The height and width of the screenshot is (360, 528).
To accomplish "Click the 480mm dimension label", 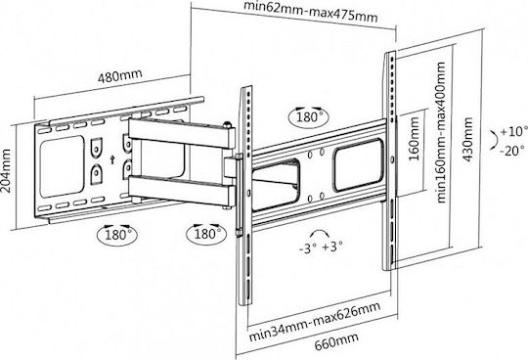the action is (120, 76).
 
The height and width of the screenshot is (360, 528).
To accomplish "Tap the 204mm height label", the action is (6, 171).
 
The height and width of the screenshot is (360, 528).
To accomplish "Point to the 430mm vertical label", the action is (468, 139).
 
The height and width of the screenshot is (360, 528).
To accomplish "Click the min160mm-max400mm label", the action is (441, 132).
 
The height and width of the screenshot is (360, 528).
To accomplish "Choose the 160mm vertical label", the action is (414, 138).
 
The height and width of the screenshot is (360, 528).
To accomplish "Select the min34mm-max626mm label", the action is (315, 322).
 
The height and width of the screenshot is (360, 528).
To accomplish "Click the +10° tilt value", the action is (512, 131).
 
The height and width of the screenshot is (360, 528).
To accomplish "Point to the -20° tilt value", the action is (511, 150).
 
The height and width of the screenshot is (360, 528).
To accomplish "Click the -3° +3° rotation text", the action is (321, 247).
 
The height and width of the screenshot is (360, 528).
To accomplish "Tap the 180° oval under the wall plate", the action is (117, 234).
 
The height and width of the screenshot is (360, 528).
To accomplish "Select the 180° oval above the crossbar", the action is (309, 117).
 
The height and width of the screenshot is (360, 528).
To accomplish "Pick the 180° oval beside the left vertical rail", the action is (206, 233).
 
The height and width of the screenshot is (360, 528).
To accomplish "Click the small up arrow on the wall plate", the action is (112, 159).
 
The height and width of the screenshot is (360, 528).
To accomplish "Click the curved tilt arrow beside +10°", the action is (495, 139).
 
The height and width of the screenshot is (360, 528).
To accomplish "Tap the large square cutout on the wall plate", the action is (62, 166).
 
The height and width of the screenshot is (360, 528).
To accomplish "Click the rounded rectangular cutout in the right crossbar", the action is (359, 165).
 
